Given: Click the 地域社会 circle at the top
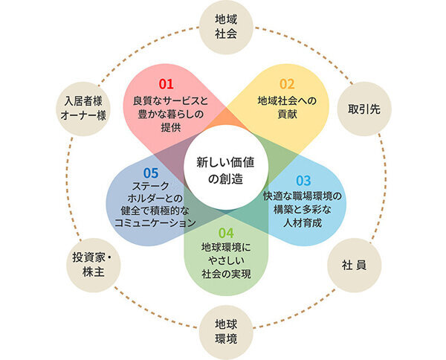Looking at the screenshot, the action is (x=226, y=28).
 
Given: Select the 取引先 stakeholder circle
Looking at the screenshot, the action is (x=364, y=109).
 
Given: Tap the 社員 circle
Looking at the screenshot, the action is (x=354, y=266).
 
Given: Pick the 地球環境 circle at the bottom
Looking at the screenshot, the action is (x=226, y=332).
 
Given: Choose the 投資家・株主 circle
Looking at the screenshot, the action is (x=94, y=266).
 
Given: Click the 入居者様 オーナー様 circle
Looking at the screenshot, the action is (x=83, y=109).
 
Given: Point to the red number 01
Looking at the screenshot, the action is (x=166, y=84).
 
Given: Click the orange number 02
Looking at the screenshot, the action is (x=287, y=84).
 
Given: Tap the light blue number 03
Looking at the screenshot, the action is (x=303, y=181).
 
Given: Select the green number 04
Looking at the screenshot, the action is (x=226, y=233).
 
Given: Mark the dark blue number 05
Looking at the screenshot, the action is (x=151, y=173).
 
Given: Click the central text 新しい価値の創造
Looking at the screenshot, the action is (x=225, y=170).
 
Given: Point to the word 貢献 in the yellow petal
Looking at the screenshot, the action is (x=287, y=115).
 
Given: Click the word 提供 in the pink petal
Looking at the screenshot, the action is (x=171, y=127).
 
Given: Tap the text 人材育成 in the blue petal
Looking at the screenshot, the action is (x=303, y=223).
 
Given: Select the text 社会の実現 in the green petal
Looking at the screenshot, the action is (x=226, y=274).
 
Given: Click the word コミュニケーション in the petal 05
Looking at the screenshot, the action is (x=155, y=223).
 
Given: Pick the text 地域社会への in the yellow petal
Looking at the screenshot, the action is (x=287, y=100).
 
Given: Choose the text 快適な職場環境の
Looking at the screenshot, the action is (x=303, y=196).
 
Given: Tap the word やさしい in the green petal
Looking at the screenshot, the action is (x=226, y=260).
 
